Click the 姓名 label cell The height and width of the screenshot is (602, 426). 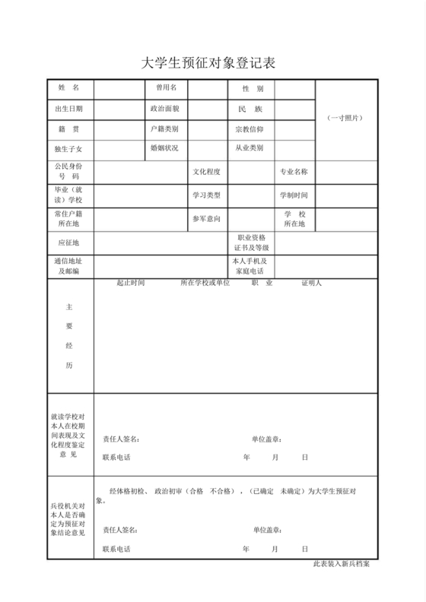(69, 89)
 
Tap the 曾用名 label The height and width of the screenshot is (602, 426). (166, 89)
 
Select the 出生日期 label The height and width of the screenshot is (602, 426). (69, 109)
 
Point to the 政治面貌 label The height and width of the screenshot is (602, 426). (165, 109)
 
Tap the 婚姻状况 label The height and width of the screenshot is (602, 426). (165, 148)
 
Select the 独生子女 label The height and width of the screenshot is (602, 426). (69, 149)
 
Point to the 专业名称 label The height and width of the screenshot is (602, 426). (294, 172)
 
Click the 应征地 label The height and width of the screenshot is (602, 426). (69, 243)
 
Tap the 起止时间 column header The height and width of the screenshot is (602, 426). (130, 284)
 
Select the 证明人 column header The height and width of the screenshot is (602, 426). (312, 284)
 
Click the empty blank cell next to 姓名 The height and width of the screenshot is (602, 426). (119, 89)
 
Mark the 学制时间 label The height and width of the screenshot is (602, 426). (294, 195)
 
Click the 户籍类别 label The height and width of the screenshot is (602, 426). (165, 129)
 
